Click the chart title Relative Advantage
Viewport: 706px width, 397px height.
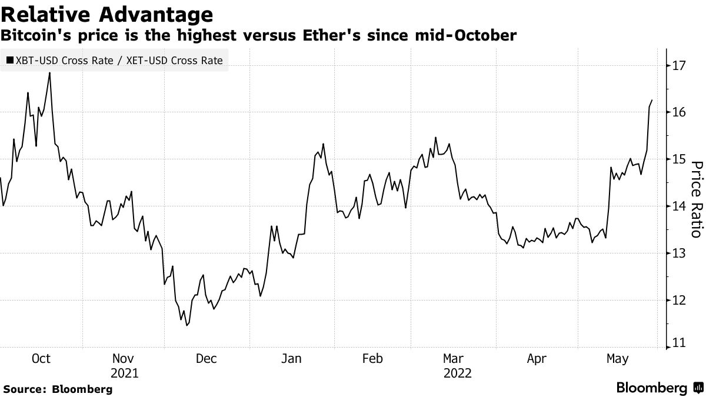pos(106,14)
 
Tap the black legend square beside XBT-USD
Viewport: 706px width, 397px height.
pos(10,61)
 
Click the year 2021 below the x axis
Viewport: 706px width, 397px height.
pos(124,373)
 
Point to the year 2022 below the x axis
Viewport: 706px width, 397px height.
pos(457,373)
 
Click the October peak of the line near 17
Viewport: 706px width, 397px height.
pos(49,73)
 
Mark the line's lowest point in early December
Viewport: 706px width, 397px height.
pos(187,326)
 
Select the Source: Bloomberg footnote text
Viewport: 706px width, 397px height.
pos(58,389)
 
